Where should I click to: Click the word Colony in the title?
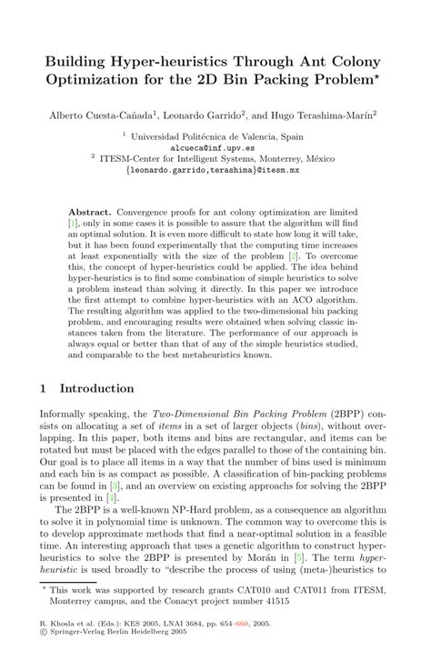[x=364, y=64]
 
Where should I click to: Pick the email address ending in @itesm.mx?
[x=216, y=169]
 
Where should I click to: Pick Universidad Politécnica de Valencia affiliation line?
[x=217, y=135]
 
